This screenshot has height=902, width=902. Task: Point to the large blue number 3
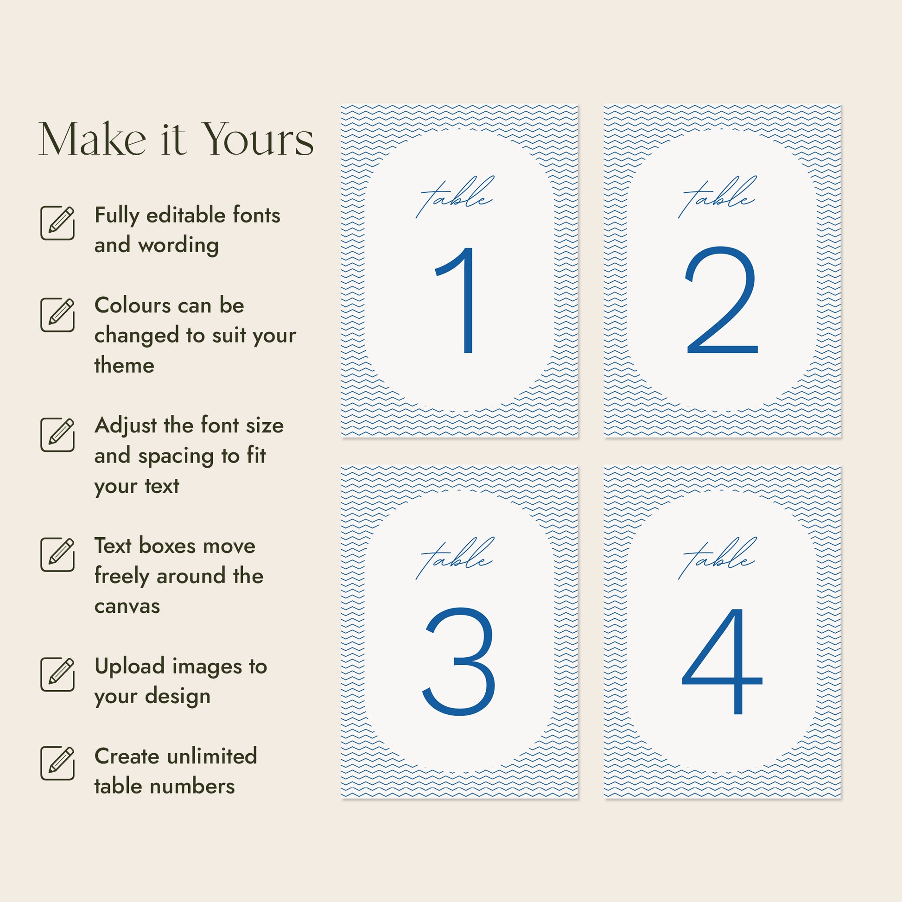pos(458,661)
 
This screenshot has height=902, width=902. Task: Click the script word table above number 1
pos(454,197)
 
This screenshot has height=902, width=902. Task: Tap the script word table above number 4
pos(717,558)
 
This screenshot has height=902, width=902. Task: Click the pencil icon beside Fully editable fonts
pos(57,222)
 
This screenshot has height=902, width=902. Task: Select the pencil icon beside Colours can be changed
pos(57,315)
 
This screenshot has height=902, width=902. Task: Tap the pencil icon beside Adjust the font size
pos(57,435)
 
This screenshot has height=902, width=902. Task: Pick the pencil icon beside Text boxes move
pos(57,555)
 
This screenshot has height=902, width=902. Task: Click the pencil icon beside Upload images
pos(57,674)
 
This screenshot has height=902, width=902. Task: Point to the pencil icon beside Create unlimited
pos(57,763)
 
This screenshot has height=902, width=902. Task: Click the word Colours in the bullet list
pos(133,305)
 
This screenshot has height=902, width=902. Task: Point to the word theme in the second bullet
pos(124,365)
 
